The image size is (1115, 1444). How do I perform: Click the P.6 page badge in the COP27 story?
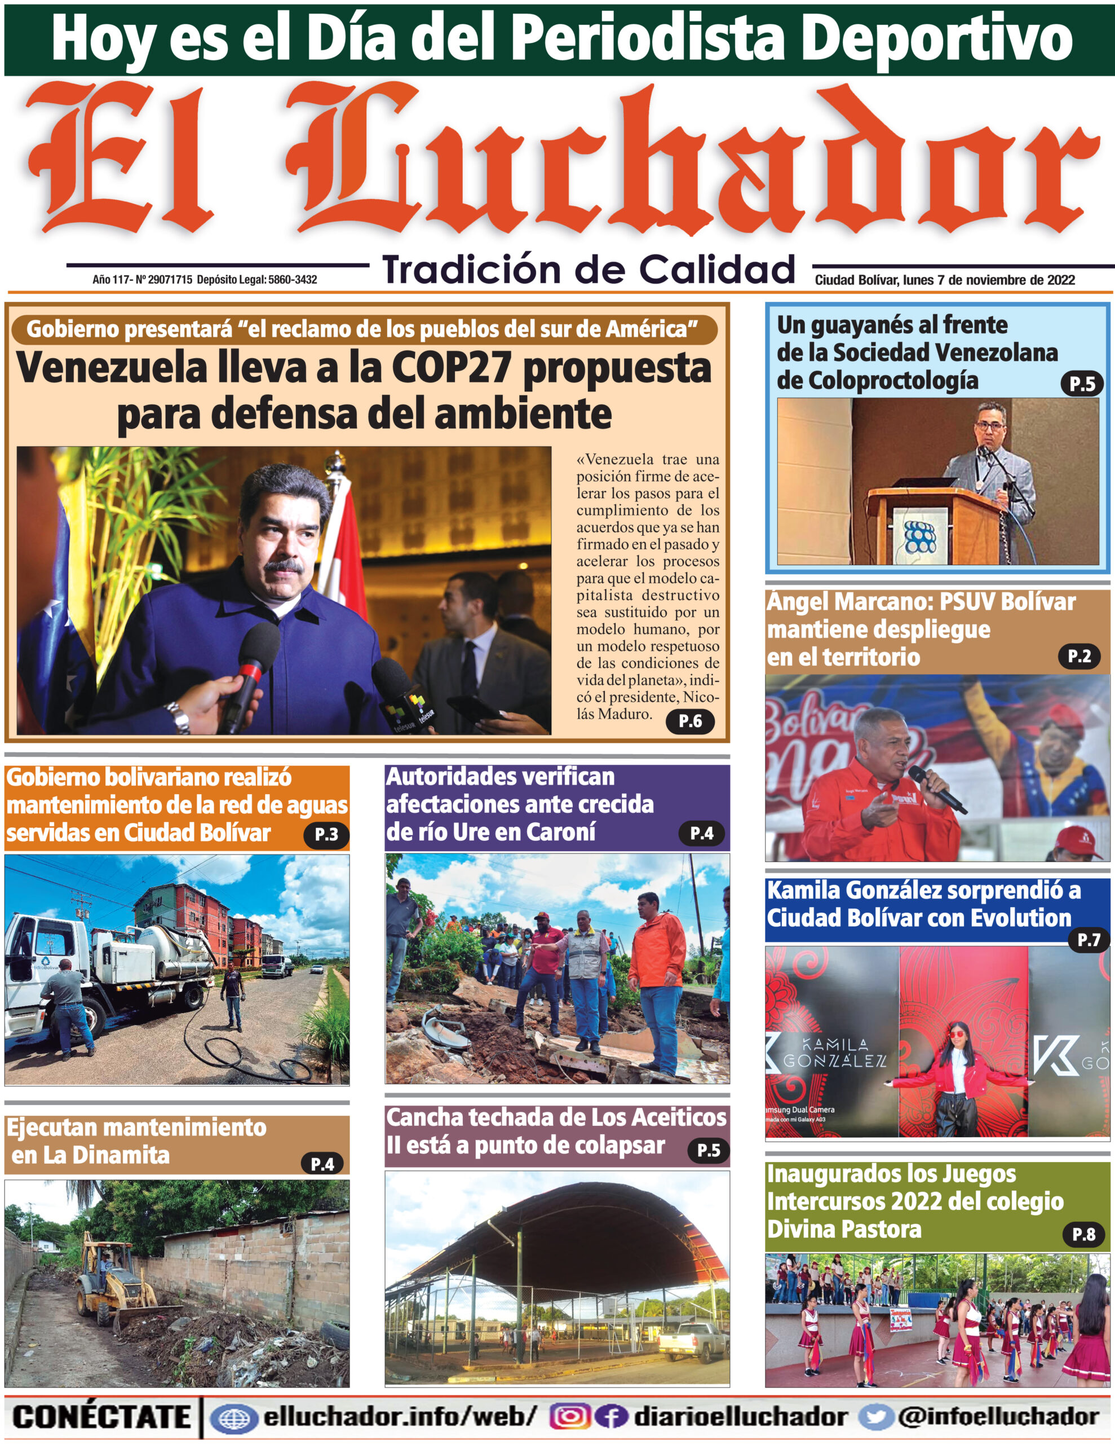click(x=690, y=721)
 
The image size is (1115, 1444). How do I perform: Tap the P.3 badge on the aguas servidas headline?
click(x=326, y=834)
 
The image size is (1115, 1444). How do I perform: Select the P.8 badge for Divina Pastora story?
click(x=1083, y=1233)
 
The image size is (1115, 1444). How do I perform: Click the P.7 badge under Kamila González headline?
click(x=1088, y=940)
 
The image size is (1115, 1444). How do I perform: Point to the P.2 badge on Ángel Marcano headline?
click(x=1079, y=656)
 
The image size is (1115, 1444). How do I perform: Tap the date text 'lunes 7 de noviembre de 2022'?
click(x=988, y=280)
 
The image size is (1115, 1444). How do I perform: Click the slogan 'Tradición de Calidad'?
click(x=589, y=270)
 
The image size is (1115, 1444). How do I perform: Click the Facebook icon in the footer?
click(x=610, y=1416)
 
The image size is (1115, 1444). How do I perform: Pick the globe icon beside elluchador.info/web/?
click(x=233, y=1417)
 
